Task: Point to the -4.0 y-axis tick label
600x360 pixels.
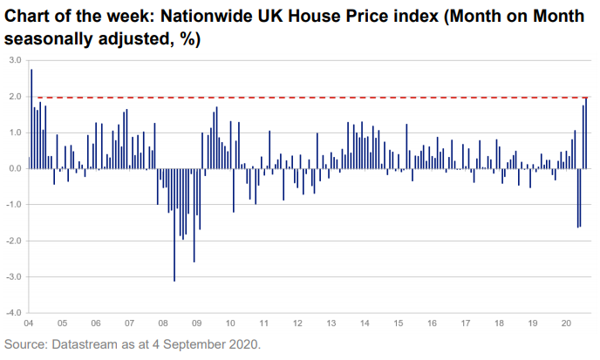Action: pyautogui.click(x=15, y=312)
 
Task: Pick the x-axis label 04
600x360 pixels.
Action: pyautogui.click(x=30, y=322)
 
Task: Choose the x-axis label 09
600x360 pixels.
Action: pyautogui.click(x=196, y=322)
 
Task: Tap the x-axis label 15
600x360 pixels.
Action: pyautogui.click(x=398, y=322)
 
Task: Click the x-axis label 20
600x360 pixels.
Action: pyautogui.click(x=565, y=322)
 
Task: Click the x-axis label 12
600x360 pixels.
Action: pyautogui.click(x=297, y=322)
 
